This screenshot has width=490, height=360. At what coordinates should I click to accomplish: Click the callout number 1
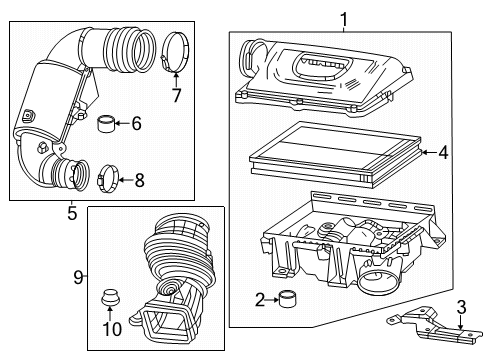click(x=343, y=17)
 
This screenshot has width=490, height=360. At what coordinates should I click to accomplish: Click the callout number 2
click(x=260, y=325)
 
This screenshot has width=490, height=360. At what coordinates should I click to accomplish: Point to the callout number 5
click(x=70, y=212)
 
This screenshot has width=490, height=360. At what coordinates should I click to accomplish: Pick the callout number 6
click(x=137, y=123)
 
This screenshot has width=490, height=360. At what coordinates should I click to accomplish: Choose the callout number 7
click(x=177, y=97)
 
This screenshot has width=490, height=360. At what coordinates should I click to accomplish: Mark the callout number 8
click(x=138, y=181)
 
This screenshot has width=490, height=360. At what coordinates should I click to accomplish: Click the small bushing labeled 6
click(x=106, y=124)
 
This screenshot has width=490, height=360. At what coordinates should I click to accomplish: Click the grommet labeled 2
click(x=288, y=325)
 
